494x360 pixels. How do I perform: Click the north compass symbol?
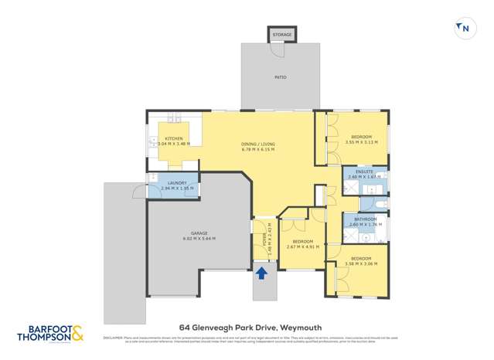[464, 29]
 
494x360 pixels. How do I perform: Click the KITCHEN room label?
[173, 139]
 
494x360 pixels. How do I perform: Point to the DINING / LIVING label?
[258, 144]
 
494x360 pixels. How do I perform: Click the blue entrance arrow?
[261, 273]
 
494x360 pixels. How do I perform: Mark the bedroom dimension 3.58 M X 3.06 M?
[361, 263]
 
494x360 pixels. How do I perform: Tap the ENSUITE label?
[364, 172]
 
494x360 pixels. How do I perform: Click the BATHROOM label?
[365, 219]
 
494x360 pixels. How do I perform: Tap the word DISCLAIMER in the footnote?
[114, 338]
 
